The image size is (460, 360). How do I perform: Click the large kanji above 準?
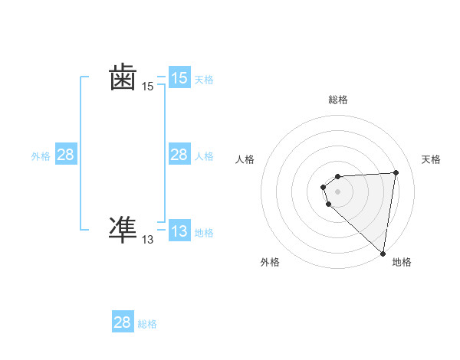[123, 78]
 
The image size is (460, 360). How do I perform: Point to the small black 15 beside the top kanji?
[148, 87]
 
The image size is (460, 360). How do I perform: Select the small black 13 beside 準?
[148, 240]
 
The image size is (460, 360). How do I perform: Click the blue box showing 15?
[179, 78]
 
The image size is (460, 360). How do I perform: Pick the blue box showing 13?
[179, 231]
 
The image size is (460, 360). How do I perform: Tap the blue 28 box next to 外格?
[66, 155]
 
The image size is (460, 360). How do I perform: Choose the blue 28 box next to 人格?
[179, 155]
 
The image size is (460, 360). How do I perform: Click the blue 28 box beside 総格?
[123, 322]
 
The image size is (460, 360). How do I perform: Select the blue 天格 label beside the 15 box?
[204, 79]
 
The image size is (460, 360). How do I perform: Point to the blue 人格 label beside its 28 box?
[204, 156]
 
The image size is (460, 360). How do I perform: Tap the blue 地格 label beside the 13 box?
[204, 233]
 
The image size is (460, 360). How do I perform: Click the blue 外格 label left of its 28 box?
[41, 156]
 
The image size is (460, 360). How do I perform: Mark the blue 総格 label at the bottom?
[147, 324]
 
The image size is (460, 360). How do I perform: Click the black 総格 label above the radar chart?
[338, 100]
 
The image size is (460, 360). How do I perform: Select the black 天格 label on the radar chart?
[431, 159]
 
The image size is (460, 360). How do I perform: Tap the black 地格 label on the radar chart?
[402, 262]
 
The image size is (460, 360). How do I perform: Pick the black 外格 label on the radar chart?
[270, 262]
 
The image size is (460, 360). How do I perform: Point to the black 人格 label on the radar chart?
[245, 159]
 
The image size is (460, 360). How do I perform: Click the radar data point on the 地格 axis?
[383, 254]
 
